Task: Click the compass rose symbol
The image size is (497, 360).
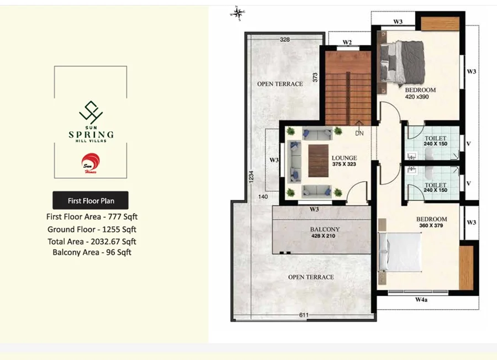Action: pos(237,13)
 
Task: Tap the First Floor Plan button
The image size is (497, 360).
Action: pos(91,200)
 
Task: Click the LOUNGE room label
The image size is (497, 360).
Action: pos(344,158)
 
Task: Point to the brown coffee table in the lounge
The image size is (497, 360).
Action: pos(318,161)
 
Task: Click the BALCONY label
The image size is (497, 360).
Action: pos(325,229)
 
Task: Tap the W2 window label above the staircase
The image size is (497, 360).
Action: pos(347,42)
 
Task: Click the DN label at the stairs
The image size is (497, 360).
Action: pos(359,134)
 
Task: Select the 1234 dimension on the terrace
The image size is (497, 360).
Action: pos(251,177)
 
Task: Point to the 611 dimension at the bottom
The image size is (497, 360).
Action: pos(304,315)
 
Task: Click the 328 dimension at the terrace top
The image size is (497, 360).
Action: pos(284,40)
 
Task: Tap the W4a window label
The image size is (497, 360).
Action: pos(421,299)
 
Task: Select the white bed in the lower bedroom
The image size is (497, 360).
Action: pos(400,252)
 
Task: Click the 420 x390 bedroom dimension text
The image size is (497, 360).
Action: pos(417,97)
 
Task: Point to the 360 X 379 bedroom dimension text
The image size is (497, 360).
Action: pos(431,226)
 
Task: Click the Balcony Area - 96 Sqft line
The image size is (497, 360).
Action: pos(92,252)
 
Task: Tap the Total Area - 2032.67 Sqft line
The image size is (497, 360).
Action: pos(92,241)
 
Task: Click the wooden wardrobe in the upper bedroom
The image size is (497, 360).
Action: pos(440,24)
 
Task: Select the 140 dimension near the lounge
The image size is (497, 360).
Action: pos(263,197)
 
